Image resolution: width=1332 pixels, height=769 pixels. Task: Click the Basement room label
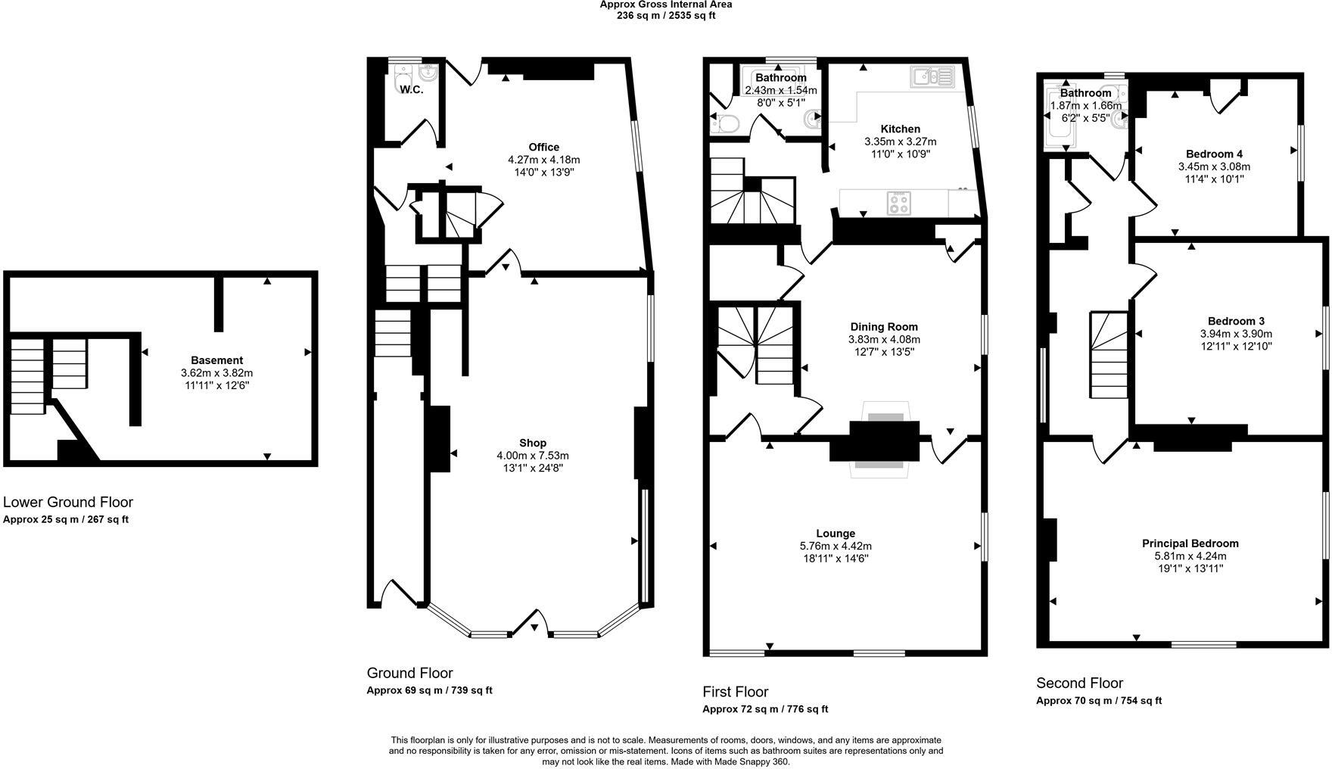coord(216,360)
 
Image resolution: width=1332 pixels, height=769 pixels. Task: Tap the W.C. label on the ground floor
coord(411,89)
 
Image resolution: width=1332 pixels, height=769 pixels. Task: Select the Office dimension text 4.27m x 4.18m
coord(543,160)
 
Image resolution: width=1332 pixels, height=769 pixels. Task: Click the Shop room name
coord(532,443)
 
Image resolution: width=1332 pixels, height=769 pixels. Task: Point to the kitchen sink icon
coord(932,76)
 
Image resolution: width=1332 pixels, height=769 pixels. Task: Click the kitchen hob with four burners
coord(898,202)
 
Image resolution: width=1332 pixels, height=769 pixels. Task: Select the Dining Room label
coord(883,327)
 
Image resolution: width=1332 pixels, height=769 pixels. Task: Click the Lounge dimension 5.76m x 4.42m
coord(836,546)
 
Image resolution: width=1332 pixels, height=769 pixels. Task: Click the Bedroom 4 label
coord(1214,154)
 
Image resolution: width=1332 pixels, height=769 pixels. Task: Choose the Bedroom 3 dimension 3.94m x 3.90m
coord(1235,334)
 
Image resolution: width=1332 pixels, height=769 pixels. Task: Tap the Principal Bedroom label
coord(1190,543)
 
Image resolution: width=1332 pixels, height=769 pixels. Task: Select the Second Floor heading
coord(1079,683)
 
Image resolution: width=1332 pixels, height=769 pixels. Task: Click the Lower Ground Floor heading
coord(68,502)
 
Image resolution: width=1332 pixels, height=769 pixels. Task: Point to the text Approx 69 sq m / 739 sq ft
coord(429,690)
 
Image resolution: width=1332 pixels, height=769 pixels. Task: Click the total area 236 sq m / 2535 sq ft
coord(666,15)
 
